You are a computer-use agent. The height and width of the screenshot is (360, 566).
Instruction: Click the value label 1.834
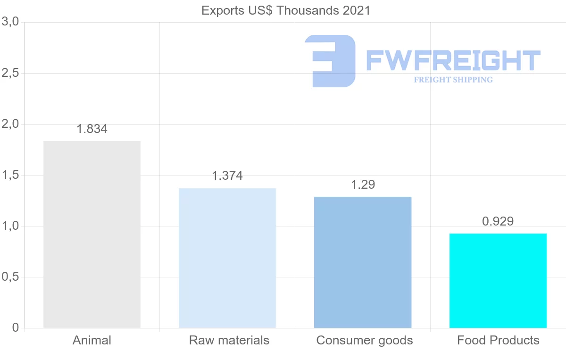pos(92,129)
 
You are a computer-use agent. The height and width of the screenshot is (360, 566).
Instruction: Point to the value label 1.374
pos(227,176)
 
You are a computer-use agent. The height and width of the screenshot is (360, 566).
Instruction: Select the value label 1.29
pos(363,184)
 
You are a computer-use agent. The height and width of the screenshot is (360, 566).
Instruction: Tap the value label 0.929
pos(498,221)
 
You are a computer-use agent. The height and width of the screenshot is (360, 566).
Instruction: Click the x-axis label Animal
pos(92,340)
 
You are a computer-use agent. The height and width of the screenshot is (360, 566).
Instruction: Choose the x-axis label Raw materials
pos(229,340)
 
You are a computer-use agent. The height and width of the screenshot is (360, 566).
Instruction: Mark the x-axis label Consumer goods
pos(365,340)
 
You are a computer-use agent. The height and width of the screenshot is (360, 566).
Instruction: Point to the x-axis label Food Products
pos(498,340)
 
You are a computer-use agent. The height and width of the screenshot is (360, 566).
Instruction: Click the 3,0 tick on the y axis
pos(10,22)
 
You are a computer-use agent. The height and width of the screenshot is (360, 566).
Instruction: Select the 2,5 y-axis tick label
pos(10,73)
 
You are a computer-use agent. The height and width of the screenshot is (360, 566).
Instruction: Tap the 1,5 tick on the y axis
pos(10,175)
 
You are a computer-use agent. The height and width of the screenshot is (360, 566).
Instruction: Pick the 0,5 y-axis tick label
pos(10,277)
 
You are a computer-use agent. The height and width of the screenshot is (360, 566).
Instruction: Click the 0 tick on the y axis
pos(15,328)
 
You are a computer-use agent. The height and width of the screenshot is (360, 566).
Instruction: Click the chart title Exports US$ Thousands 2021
pos(286,10)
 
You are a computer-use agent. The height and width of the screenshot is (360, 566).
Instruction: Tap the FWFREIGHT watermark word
pos(453,61)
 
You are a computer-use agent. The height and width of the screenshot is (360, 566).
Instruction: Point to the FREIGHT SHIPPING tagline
pos(453,80)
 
